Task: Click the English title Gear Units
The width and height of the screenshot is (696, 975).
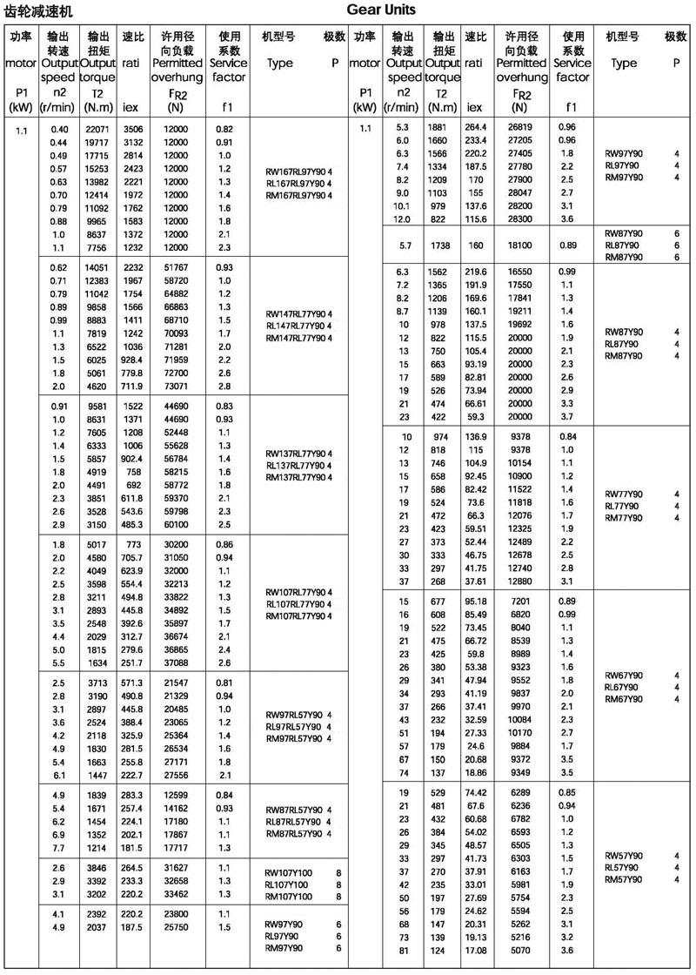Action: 381,10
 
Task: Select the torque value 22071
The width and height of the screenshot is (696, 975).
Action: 96,129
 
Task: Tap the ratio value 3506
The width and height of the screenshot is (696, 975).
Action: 132,129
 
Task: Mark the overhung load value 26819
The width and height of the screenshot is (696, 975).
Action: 519,128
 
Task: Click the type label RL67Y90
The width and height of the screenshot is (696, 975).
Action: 624,687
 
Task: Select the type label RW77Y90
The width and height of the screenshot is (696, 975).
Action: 624,494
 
